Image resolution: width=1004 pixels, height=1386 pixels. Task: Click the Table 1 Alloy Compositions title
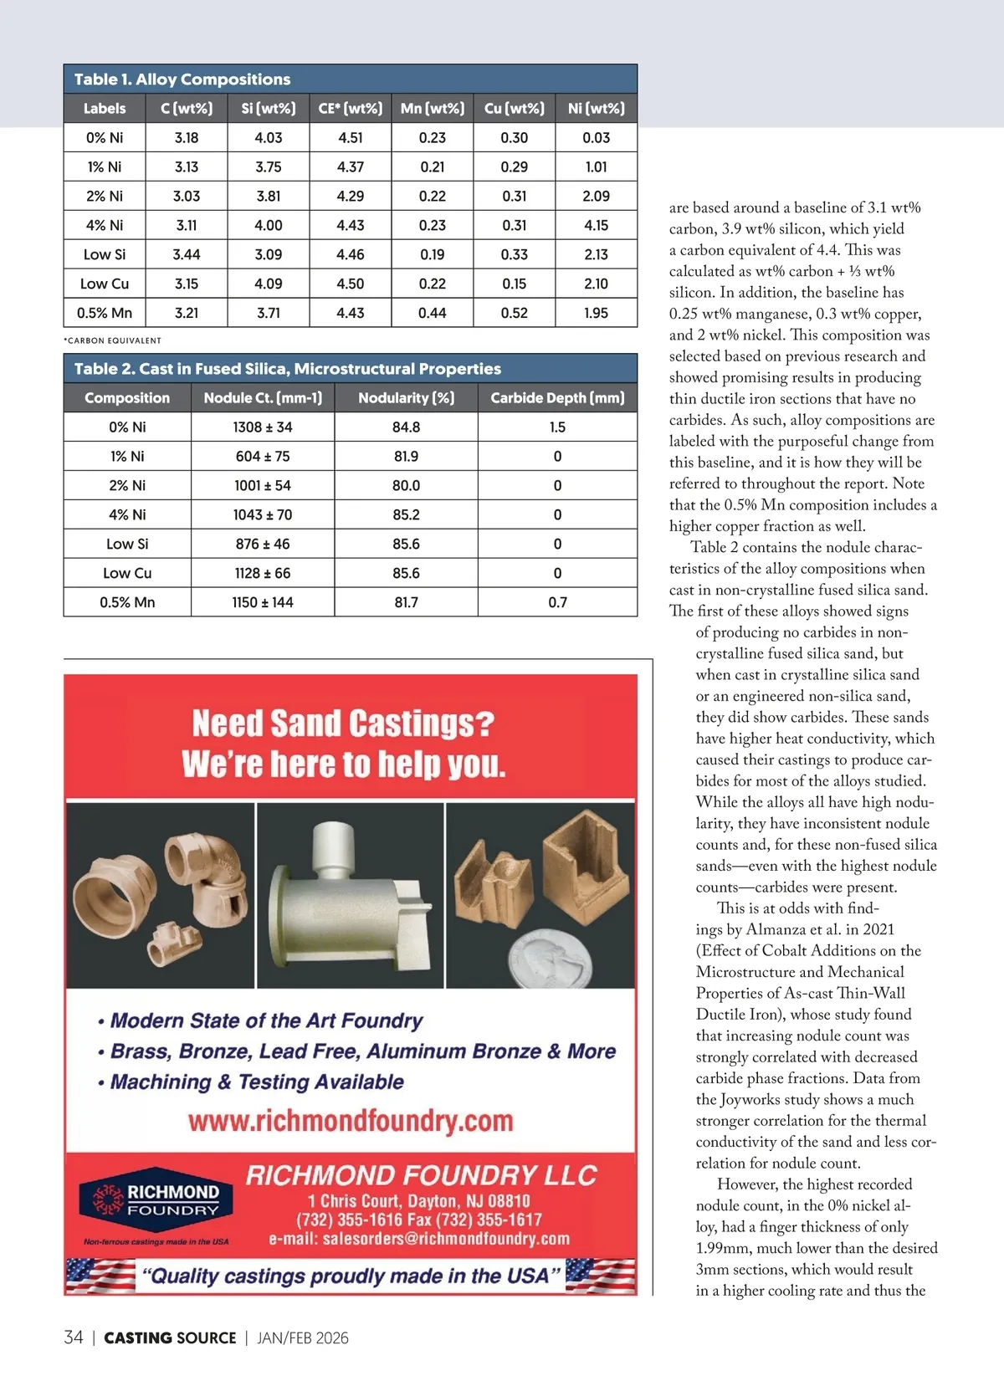(x=182, y=79)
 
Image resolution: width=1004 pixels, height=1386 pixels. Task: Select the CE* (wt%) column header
(x=350, y=109)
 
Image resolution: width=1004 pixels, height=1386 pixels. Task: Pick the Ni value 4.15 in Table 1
(x=596, y=225)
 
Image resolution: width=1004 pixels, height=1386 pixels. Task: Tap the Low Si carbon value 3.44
(x=187, y=254)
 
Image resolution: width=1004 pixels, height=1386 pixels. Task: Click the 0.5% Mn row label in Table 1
(x=105, y=313)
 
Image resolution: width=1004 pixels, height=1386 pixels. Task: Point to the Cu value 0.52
(x=514, y=313)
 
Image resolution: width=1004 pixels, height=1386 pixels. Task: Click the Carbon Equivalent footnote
(x=113, y=340)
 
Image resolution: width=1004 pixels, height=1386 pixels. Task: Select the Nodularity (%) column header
(x=406, y=398)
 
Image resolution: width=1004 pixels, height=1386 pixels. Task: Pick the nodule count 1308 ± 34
(x=263, y=427)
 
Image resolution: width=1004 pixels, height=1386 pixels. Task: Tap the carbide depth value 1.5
(x=557, y=427)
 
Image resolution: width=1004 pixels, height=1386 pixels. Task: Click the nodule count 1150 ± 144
(x=263, y=602)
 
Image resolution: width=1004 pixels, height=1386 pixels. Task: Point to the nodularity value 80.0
(x=406, y=485)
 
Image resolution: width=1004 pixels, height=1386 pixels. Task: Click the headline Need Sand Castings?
(x=343, y=724)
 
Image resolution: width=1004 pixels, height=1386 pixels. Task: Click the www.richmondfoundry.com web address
(x=351, y=1121)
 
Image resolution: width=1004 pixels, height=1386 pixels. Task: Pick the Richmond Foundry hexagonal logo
(x=156, y=1199)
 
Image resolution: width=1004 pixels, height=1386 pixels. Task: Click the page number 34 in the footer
(x=74, y=1337)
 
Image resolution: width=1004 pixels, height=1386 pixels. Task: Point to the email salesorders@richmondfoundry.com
(x=419, y=1239)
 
